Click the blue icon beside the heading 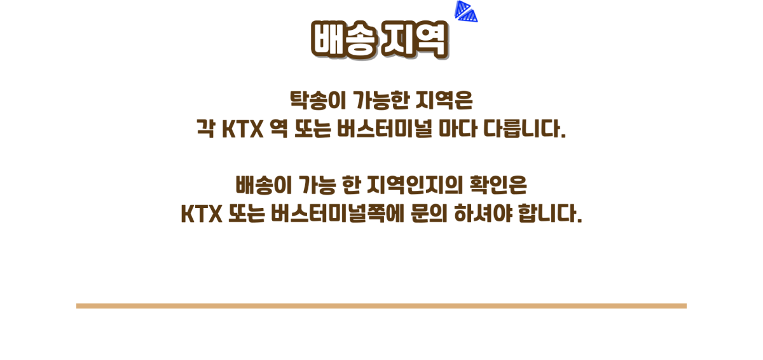click(465, 11)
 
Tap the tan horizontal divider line click(381, 306)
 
